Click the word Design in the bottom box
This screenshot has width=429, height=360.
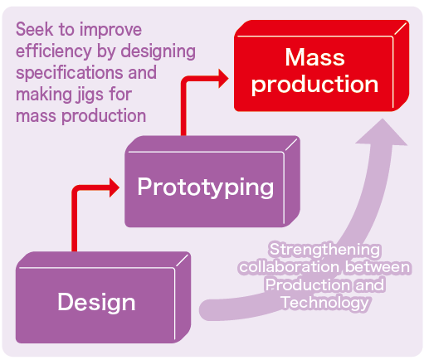[96, 302]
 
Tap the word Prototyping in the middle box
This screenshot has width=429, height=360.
[206, 187]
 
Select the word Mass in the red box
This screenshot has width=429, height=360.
[314, 57]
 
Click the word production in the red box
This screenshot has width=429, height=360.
[314, 85]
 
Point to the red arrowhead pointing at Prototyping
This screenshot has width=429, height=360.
[114, 187]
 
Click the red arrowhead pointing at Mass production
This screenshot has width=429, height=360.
[223, 79]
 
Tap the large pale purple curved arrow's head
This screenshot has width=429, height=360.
[382, 133]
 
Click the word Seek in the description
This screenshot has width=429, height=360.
[34, 29]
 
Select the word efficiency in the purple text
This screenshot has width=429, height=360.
[54, 51]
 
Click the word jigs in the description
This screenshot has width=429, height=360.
[89, 95]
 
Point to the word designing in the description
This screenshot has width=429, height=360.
[158, 51]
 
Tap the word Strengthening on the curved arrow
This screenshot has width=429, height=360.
[325, 250]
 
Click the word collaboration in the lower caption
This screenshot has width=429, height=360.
[289, 267]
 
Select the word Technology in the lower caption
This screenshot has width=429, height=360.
[325, 303]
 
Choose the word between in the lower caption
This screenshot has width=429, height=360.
[378, 267]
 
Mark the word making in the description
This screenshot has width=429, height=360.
[43, 95]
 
